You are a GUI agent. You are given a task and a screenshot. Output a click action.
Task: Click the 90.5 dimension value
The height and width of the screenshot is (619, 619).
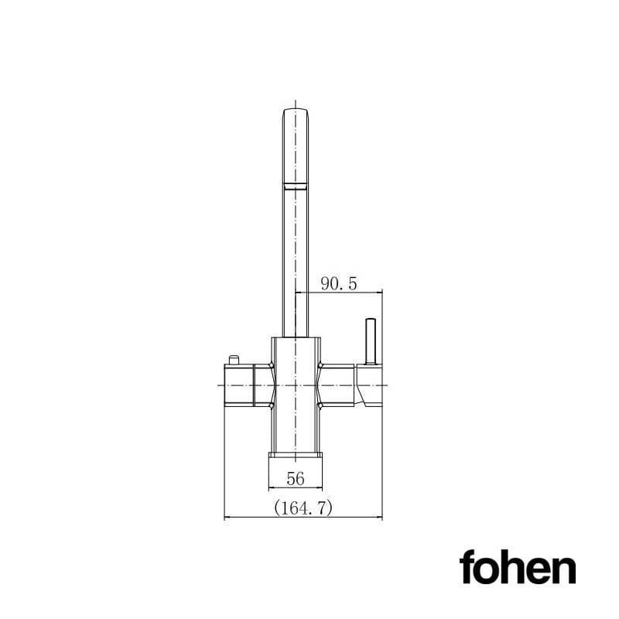tap(339, 284)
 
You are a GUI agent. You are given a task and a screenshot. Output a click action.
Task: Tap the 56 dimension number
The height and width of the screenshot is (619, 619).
tap(295, 479)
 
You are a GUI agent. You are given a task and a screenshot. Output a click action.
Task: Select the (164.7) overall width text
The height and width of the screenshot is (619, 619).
tap(303, 508)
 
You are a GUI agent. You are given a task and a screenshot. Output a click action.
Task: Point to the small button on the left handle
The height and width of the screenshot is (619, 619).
tap(233, 359)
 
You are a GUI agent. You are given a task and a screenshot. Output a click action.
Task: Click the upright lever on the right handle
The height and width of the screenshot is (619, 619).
tap(370, 340)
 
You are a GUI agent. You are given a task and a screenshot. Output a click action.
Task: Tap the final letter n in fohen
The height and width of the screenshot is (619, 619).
tap(564, 571)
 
